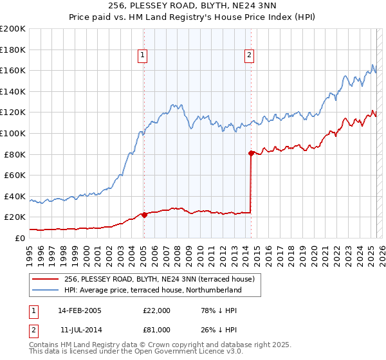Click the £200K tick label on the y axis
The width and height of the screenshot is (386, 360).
tap(13, 29)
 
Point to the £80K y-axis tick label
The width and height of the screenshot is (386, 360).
tap(15, 154)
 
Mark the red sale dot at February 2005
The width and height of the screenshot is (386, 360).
tap(144, 215)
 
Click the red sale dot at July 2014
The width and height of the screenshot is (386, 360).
tap(251, 153)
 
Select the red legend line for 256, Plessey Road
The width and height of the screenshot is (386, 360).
tap(46, 279)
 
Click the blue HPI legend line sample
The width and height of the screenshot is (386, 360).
tap(46, 290)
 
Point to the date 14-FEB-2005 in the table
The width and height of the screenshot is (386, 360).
tap(80, 310)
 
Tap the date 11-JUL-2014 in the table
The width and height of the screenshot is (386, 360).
tap(80, 330)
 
